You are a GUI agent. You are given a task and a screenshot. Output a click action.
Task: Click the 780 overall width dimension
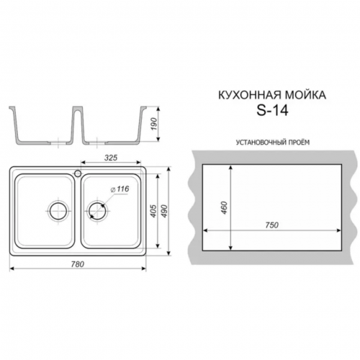78,264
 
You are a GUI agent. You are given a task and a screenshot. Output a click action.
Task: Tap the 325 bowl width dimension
111,158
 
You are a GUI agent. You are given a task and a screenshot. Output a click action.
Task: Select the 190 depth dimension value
154,124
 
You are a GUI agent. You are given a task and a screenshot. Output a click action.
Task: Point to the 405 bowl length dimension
153,211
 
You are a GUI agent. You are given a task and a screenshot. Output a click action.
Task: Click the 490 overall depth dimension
165,211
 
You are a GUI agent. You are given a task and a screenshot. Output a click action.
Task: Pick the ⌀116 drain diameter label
120,189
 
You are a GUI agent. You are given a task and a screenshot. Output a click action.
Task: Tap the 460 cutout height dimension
224,208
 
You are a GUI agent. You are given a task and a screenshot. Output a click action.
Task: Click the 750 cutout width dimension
272,225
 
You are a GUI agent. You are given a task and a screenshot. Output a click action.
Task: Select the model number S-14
272,111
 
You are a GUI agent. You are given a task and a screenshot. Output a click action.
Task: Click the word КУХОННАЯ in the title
250,95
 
